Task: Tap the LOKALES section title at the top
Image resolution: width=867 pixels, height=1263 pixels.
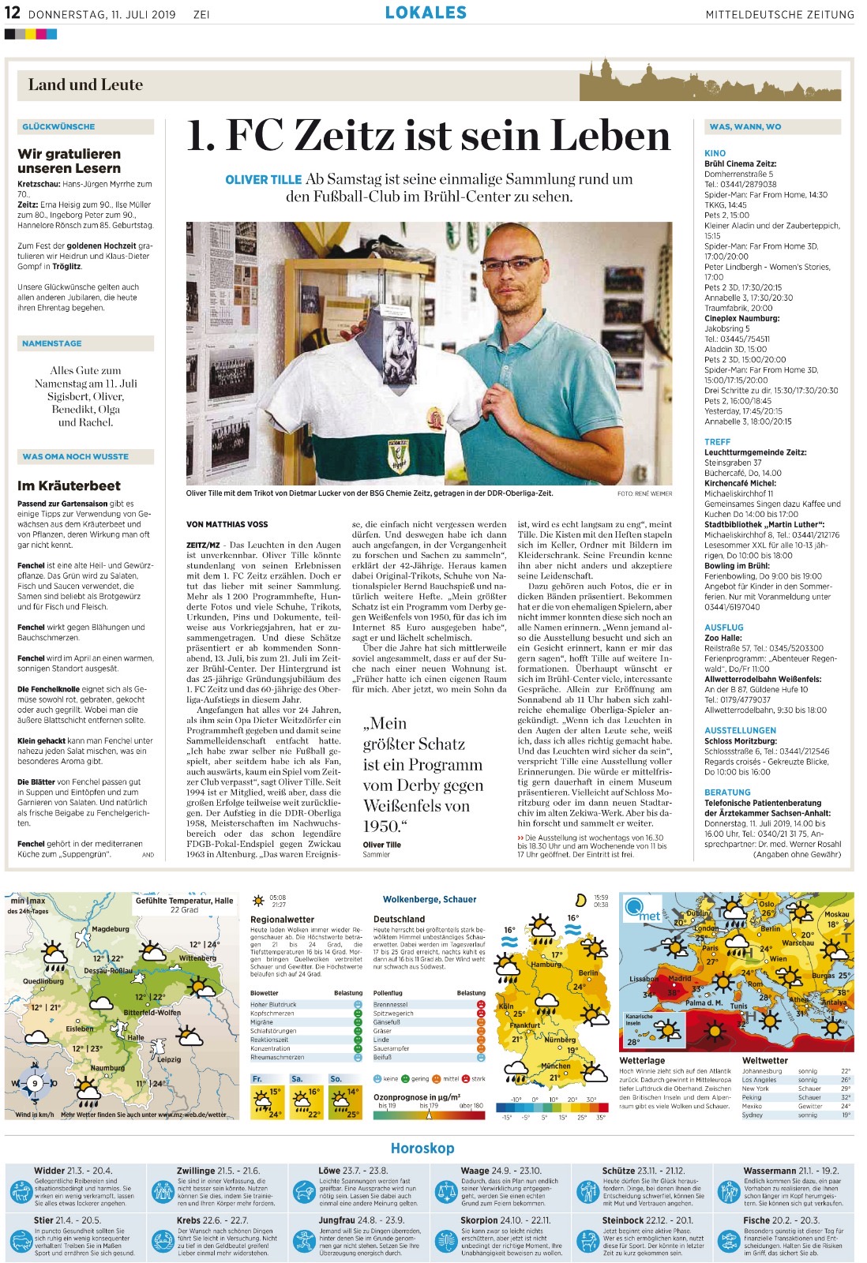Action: click(426, 13)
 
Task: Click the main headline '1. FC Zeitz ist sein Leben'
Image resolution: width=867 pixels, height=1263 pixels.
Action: click(428, 136)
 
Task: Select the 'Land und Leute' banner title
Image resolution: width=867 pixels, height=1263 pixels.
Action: click(85, 84)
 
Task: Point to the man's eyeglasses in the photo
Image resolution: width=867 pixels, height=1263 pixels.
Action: click(511, 264)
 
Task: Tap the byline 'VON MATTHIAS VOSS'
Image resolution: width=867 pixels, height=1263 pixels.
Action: click(227, 524)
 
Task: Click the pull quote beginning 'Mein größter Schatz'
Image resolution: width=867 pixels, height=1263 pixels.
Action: click(422, 774)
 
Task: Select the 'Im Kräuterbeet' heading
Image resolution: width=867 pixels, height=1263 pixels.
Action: click(69, 485)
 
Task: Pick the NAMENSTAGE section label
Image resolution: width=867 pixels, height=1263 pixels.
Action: click(52, 343)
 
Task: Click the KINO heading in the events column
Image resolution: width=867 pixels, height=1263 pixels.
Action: click(715, 153)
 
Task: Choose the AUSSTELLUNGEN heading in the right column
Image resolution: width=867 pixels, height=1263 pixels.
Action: click(740, 730)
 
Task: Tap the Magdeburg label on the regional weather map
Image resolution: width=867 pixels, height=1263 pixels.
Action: click(110, 929)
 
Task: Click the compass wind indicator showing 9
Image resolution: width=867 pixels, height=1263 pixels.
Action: click(35, 1084)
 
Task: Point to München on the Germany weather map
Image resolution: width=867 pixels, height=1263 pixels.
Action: click(555, 1066)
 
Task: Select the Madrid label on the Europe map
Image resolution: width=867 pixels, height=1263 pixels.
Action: click(679, 979)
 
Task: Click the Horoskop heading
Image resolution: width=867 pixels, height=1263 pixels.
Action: click(422, 1149)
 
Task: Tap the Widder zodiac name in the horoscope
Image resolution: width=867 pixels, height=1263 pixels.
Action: click(50, 1171)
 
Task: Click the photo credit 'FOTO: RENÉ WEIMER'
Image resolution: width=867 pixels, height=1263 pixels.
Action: click(644, 493)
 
